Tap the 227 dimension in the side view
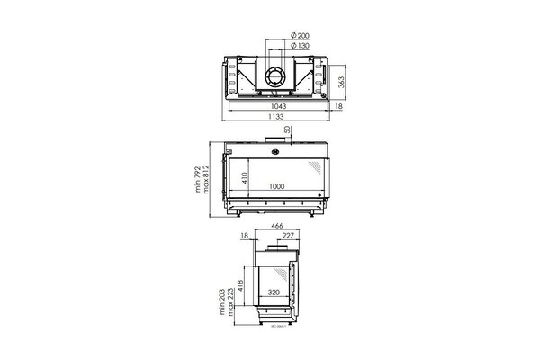[285, 236]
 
